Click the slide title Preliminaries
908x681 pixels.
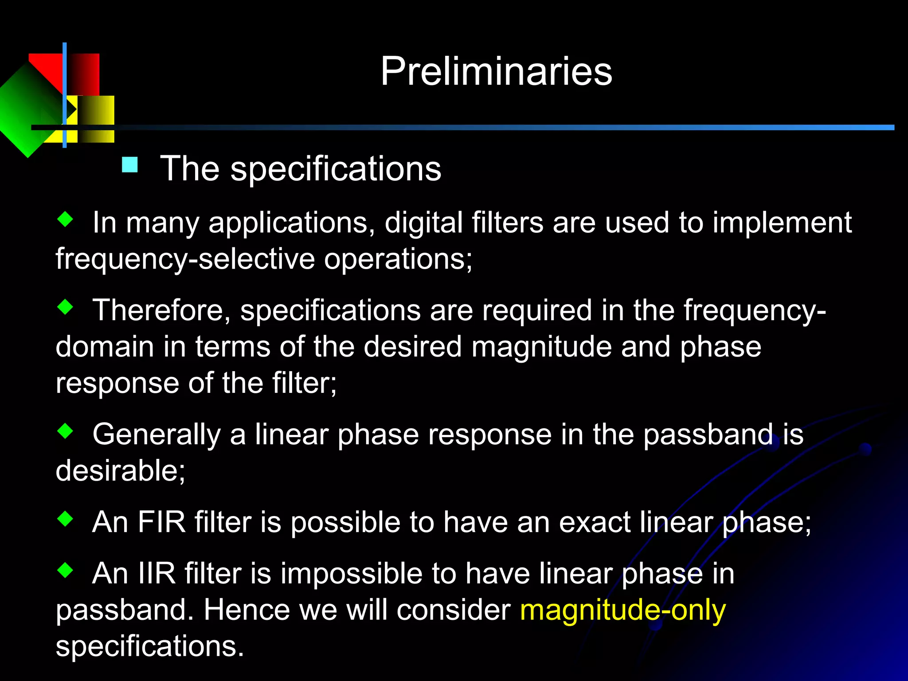point(496,71)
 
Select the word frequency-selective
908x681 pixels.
point(185,259)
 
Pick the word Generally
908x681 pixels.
point(156,434)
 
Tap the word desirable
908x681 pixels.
point(120,470)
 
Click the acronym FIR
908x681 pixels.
point(161,522)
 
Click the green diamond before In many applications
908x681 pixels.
point(65,219)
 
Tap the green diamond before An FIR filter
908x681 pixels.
point(65,519)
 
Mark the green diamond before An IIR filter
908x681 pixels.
point(65,570)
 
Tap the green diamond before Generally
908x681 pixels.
point(65,431)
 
